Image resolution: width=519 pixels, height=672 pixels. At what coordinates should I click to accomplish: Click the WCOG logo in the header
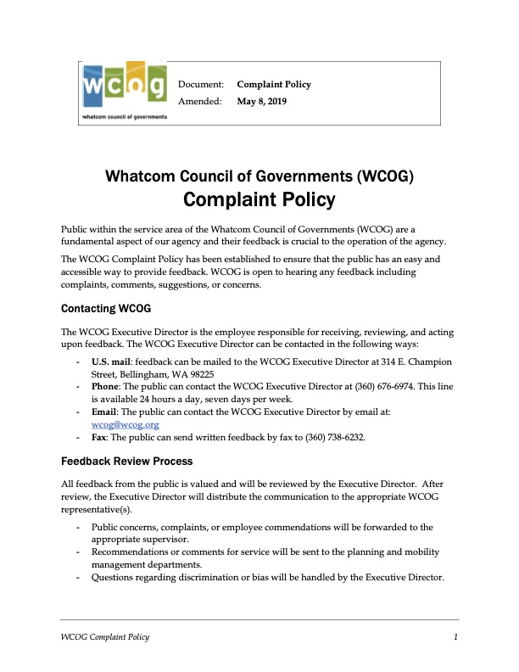(124, 91)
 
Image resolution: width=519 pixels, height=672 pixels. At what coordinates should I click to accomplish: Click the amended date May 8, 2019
(263, 101)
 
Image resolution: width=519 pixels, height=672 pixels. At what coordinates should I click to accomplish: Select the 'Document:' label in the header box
(200, 85)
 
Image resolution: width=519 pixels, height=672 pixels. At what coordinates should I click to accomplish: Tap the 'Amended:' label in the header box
(199, 101)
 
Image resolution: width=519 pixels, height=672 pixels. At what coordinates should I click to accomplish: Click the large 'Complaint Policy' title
(259, 201)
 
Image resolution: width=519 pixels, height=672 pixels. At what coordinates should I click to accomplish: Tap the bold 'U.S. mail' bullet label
(111, 361)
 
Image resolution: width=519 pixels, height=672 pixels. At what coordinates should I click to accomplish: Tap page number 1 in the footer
(455, 637)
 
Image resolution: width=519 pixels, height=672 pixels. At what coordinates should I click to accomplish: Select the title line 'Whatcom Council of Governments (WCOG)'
(259, 176)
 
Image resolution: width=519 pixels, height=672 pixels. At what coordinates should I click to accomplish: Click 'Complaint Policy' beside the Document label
(274, 85)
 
